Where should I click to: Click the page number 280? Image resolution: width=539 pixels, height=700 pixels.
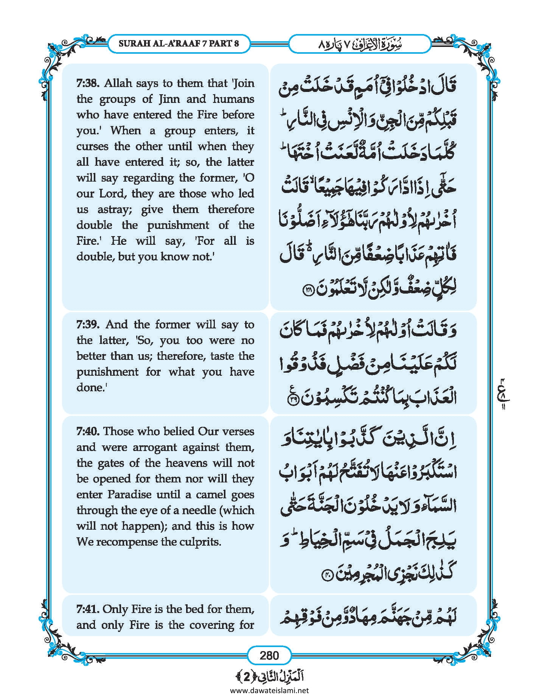coord(269,655)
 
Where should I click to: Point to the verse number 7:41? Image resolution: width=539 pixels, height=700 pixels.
coord(88,609)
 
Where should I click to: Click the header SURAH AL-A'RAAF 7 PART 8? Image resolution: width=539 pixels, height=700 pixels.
coord(179,43)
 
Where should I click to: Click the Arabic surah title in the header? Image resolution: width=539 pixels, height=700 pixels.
coord(359,44)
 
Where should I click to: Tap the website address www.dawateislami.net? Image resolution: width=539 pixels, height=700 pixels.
coord(269,690)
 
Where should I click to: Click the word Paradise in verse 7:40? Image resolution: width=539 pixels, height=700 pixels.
coord(129,495)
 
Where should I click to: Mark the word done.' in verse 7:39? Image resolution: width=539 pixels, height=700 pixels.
coord(91,388)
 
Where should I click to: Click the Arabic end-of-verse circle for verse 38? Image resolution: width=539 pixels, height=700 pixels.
coord(307,290)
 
